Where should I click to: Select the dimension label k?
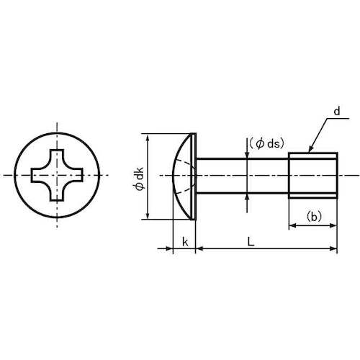coord(185,242)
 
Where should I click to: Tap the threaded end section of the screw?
coord(312,175)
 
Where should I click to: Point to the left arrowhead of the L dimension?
coord(200,249)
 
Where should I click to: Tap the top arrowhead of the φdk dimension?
coord(148,137)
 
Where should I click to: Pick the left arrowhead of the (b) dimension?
coord(293,226)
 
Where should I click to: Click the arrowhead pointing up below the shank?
coord(248,197)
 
